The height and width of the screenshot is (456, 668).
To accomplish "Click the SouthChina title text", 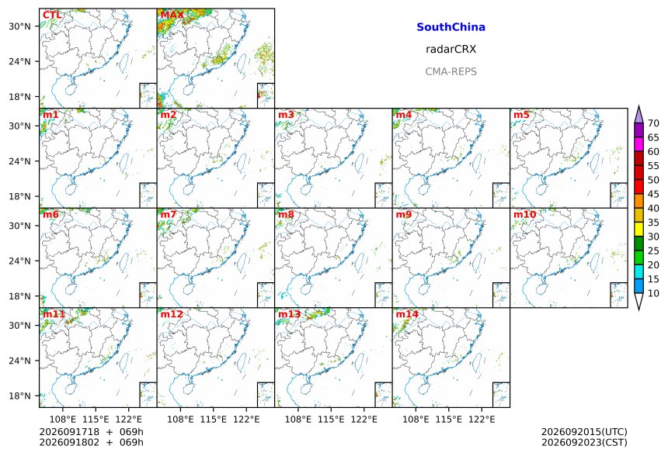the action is (x=451, y=27).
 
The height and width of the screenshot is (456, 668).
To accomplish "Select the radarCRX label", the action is (x=451, y=50).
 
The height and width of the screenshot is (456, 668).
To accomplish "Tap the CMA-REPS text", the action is (x=451, y=71).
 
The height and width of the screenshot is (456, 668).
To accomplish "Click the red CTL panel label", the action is (x=52, y=16).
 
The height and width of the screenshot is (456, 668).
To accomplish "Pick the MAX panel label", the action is (x=172, y=16).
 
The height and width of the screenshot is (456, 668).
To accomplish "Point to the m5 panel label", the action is (x=521, y=115).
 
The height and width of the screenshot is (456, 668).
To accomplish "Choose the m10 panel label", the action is (x=524, y=214).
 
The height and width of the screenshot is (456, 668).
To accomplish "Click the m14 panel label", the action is (x=407, y=314).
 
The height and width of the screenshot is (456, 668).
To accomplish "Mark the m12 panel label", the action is (x=172, y=314).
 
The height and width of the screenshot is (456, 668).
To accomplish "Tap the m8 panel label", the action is (x=287, y=214).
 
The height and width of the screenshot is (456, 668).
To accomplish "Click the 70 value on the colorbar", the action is (x=653, y=123).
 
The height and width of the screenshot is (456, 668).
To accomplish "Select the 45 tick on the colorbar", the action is (x=653, y=195).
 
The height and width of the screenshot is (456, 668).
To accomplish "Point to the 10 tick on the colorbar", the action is (x=653, y=293).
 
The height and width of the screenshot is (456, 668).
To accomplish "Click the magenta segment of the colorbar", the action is (x=638, y=144).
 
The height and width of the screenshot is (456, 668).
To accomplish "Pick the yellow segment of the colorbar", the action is (x=638, y=230).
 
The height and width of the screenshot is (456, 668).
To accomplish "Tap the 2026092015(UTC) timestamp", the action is (x=584, y=432).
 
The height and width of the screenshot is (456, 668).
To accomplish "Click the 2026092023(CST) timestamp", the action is (x=584, y=443).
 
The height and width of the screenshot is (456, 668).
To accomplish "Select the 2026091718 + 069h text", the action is (x=91, y=432).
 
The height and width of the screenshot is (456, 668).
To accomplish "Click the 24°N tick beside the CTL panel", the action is (x=19, y=62).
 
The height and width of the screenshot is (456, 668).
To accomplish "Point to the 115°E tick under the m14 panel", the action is (x=449, y=420).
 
